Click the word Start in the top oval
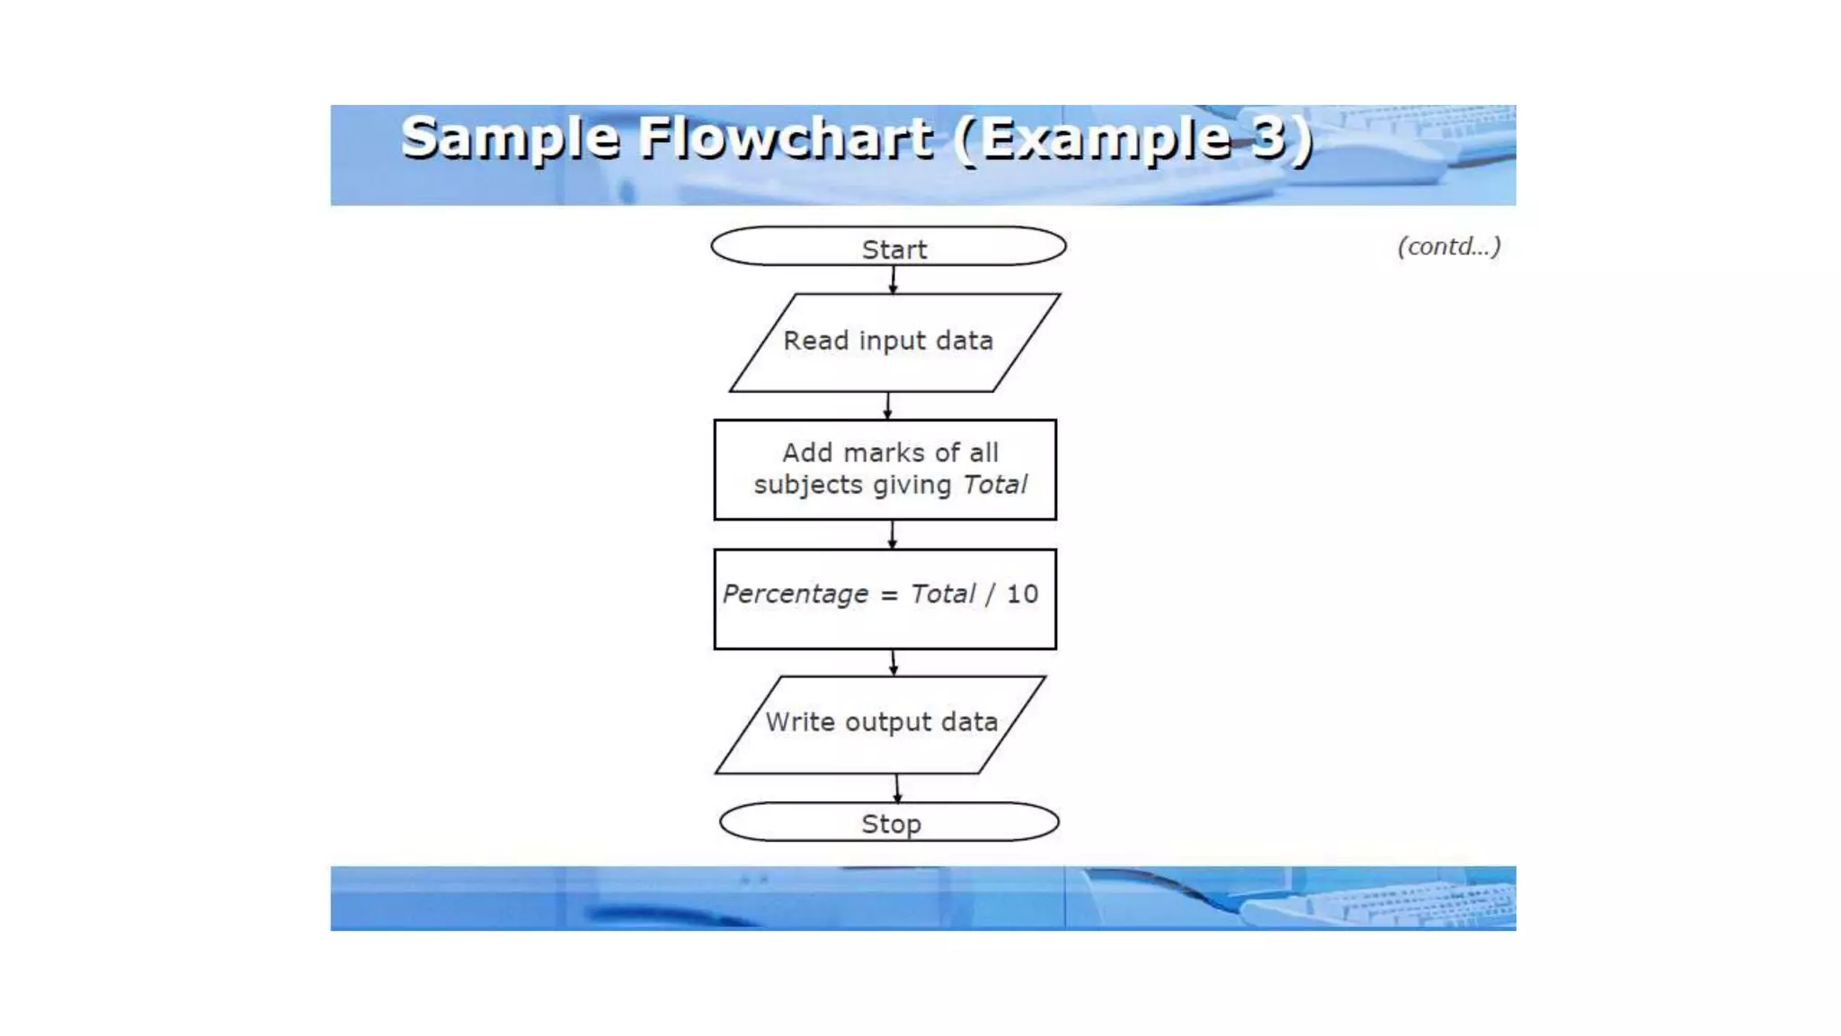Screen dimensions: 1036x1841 click(894, 249)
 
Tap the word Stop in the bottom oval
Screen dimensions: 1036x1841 click(891, 824)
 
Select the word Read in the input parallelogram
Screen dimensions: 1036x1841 click(815, 341)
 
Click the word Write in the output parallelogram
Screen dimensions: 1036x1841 click(800, 722)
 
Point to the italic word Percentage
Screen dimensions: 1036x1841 click(796, 594)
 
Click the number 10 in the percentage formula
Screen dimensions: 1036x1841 click(1022, 594)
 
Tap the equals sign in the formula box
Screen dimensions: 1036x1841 click(889, 595)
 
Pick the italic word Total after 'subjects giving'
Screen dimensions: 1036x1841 click(994, 485)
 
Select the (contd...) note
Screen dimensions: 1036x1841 click(1448, 246)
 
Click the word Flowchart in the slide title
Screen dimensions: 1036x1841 click(786, 138)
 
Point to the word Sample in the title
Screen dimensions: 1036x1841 click(510, 138)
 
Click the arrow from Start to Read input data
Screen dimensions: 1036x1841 click(893, 280)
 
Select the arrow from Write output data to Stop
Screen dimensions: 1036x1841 click(897, 788)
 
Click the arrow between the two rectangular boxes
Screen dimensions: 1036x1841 click(892, 534)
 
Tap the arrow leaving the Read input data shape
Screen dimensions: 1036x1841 click(888, 406)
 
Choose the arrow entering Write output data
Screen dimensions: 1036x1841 click(894, 663)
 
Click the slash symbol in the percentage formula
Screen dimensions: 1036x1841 click(990, 594)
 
